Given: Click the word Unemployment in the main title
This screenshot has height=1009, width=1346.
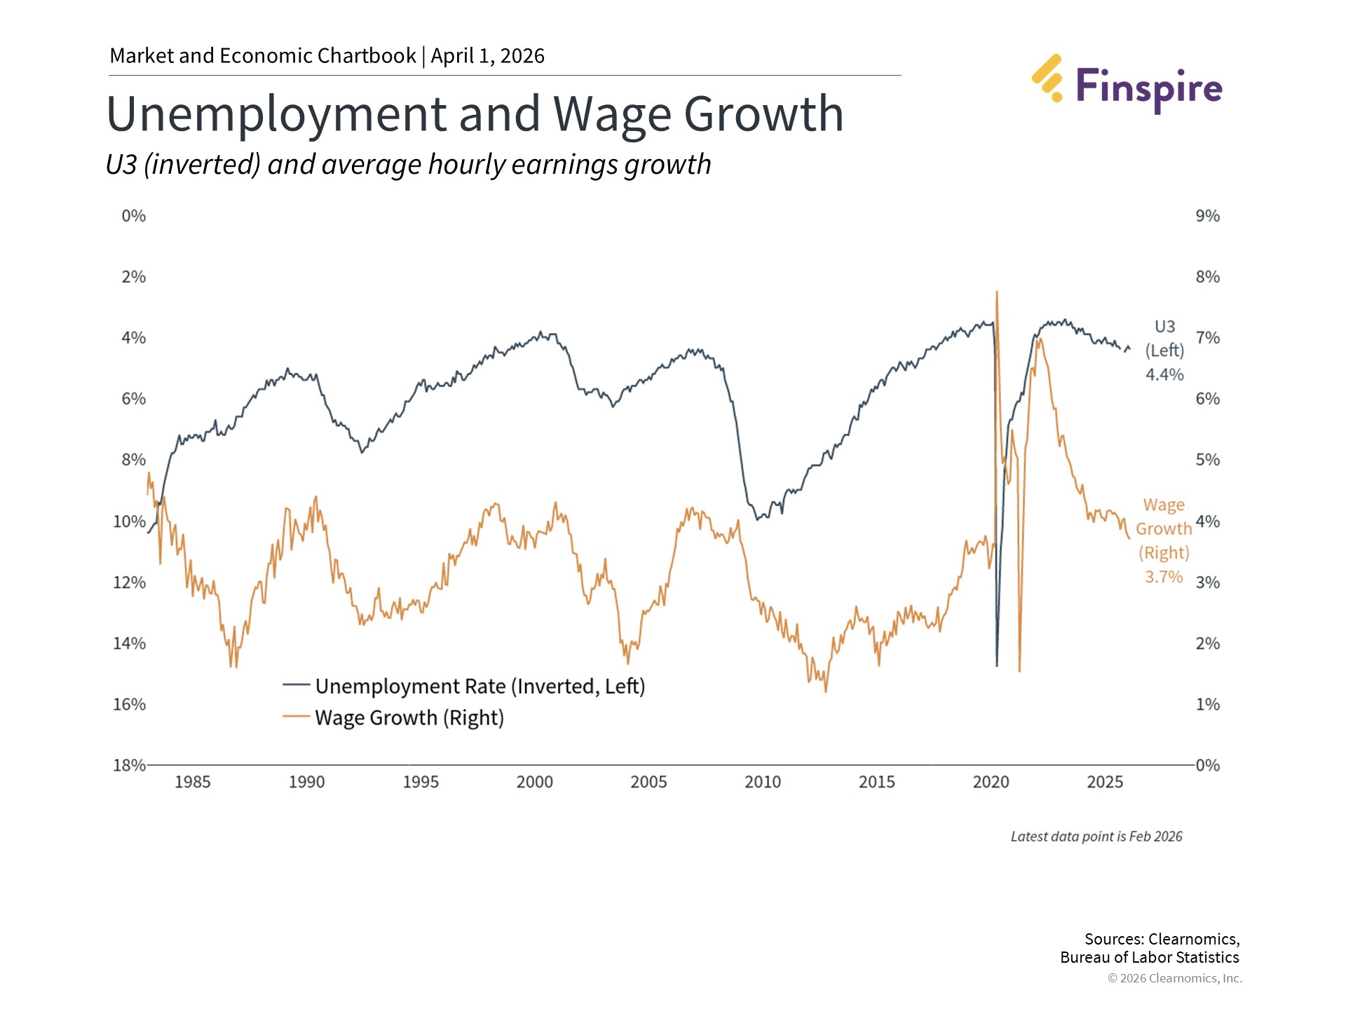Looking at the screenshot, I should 276,114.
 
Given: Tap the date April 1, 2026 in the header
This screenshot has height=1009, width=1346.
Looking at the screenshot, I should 487,56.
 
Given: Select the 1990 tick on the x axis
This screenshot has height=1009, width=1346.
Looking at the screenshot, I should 306,782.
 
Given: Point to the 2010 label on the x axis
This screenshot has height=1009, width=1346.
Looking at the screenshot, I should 762,782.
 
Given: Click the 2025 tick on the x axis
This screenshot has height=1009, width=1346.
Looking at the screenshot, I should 1105,782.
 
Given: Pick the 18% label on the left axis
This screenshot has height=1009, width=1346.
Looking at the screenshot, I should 129,765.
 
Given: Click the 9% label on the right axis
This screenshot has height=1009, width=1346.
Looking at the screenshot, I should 1207,216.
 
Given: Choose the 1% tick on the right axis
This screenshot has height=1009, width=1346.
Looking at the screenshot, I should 1207,704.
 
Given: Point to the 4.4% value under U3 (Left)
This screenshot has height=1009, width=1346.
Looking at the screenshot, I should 1164,375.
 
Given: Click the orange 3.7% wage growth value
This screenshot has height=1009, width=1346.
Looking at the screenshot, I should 1164,577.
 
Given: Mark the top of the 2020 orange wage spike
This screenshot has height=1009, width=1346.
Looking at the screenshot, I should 996,292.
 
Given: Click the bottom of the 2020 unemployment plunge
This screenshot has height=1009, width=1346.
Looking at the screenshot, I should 997,665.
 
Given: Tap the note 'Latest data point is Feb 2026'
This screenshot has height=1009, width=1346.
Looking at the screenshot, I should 1096,837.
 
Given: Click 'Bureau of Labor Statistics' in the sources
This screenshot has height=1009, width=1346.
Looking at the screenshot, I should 1149,957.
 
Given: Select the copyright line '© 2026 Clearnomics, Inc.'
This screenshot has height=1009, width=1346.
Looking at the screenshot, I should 1174,978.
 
